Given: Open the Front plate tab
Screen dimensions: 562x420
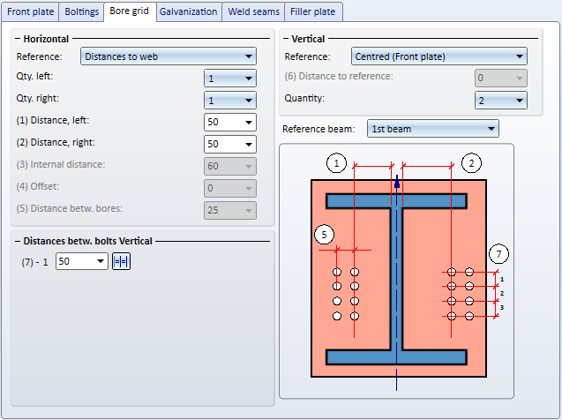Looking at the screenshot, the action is tap(31, 11).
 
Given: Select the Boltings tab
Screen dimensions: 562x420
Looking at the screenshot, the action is tap(82, 11).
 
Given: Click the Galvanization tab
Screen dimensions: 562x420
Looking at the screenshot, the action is tap(189, 11).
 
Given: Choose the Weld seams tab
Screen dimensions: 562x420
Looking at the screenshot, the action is tap(253, 11).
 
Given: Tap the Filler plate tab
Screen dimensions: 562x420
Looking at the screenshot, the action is tap(313, 11).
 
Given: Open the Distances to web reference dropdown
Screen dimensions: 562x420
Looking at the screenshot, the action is tap(169, 56).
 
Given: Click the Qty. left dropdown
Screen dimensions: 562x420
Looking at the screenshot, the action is tap(230, 79).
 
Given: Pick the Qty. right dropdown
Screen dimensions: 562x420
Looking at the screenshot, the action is tap(230, 101).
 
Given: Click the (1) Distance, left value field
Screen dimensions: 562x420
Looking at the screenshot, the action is tap(230, 122).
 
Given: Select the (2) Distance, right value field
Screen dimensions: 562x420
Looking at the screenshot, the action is tap(230, 144).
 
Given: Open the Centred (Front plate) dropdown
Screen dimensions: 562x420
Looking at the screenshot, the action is tap(439, 56).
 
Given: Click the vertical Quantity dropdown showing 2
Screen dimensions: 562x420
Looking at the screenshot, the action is tap(501, 101).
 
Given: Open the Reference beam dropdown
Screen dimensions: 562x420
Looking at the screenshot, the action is tap(433, 129).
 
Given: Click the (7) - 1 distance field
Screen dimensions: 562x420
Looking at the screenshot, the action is tap(82, 261).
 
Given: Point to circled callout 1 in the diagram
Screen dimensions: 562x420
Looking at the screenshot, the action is tap(336, 163).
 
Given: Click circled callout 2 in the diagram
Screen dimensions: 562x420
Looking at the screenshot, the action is tap(471, 163).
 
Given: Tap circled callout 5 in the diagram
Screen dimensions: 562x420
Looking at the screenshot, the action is tap(324, 235).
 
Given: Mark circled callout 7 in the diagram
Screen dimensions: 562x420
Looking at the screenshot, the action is tap(499, 254).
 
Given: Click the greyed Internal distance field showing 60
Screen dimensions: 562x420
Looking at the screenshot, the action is tap(230, 166).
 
